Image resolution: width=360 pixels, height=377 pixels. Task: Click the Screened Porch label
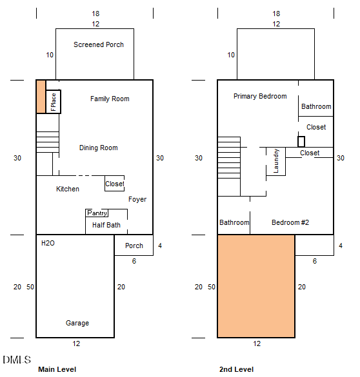point(99,44)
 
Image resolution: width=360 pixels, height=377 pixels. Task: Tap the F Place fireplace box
point(53,102)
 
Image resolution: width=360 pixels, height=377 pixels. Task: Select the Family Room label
point(110,99)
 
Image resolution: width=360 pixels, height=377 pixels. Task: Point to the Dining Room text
point(99,148)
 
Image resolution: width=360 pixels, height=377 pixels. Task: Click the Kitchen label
point(68,189)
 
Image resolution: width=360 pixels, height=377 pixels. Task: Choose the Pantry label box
point(97,213)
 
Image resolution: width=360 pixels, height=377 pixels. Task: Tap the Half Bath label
point(106,225)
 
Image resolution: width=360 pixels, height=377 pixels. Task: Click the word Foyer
point(137,199)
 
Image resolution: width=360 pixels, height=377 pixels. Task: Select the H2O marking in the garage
point(48,243)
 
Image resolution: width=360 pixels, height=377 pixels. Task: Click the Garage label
point(77,323)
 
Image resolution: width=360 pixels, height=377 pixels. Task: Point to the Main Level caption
point(57,369)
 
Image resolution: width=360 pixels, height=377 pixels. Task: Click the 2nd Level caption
point(236,369)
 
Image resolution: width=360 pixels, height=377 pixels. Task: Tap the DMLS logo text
point(17,360)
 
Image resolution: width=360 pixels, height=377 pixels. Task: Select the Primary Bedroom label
point(260,96)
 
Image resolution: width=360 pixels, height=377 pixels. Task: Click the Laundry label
point(276,161)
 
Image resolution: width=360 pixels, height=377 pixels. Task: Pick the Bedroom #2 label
point(290,222)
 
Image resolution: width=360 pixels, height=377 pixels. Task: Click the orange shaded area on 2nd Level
point(256,286)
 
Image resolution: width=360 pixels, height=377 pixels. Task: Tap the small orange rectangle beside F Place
point(41,97)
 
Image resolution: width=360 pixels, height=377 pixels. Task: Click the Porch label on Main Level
point(134,246)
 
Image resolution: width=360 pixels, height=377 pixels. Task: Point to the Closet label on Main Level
point(115,184)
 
